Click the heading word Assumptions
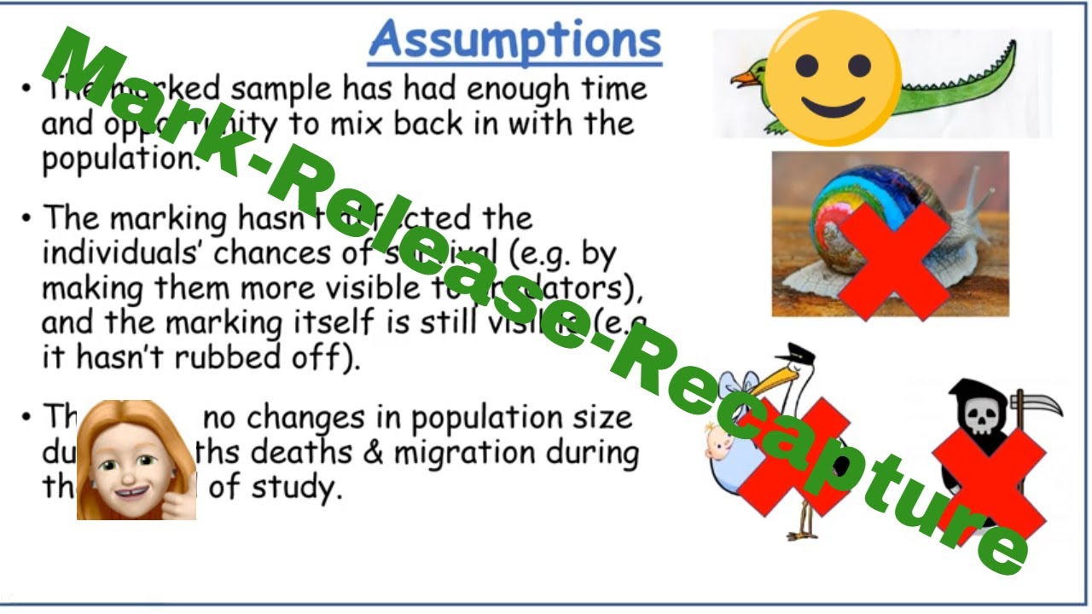515,39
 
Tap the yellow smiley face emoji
834,78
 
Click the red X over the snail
894,259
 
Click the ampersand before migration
373,452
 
